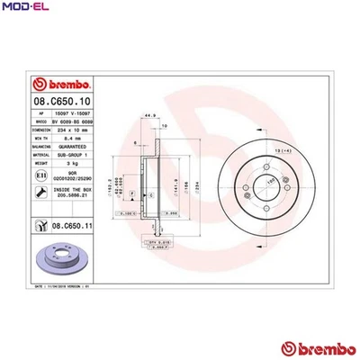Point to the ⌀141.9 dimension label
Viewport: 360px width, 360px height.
170,190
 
